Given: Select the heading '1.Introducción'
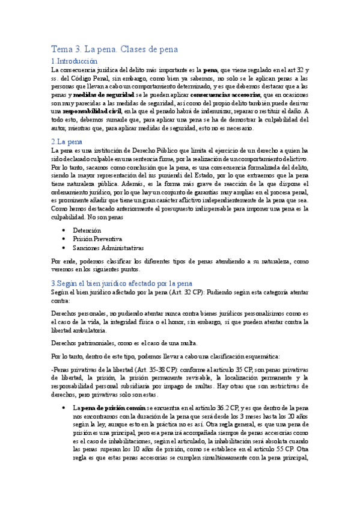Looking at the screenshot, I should coord(74,61).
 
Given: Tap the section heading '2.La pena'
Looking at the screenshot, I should coord(67,141).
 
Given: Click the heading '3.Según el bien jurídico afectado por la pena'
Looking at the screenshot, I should coord(121,283).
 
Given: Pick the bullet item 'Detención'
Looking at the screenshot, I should coord(87,230).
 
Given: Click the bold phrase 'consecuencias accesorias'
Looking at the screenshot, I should coord(225,95).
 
